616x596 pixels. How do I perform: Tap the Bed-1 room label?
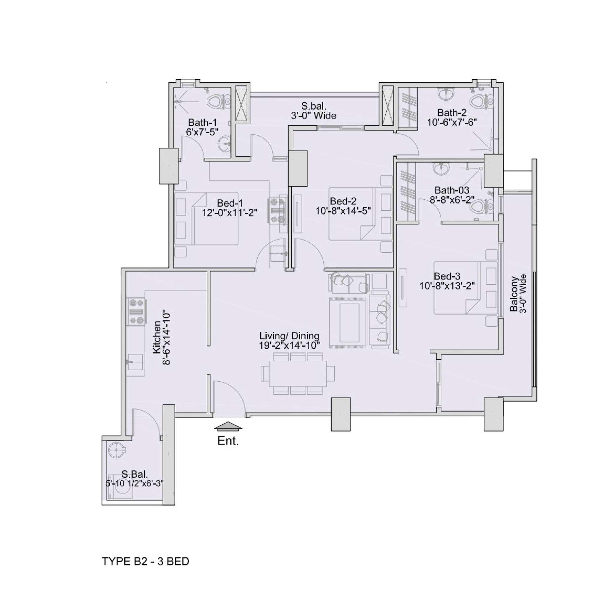pyautogui.click(x=230, y=203)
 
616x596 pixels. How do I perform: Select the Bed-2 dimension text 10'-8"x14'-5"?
pyautogui.click(x=343, y=210)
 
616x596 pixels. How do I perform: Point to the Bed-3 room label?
pyautogui.click(x=447, y=276)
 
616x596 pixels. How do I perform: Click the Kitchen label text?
pyautogui.click(x=157, y=338)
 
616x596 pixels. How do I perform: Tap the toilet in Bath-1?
pyautogui.click(x=219, y=102)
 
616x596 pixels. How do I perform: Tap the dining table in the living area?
pyautogui.click(x=297, y=374)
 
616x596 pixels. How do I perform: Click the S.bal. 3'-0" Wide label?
pyautogui.click(x=313, y=110)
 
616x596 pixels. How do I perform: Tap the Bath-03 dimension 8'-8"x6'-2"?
pyautogui.click(x=452, y=200)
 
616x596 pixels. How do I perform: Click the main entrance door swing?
pyautogui.click(x=230, y=398)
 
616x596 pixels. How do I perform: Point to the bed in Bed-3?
pyautogui.click(x=466, y=288)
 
